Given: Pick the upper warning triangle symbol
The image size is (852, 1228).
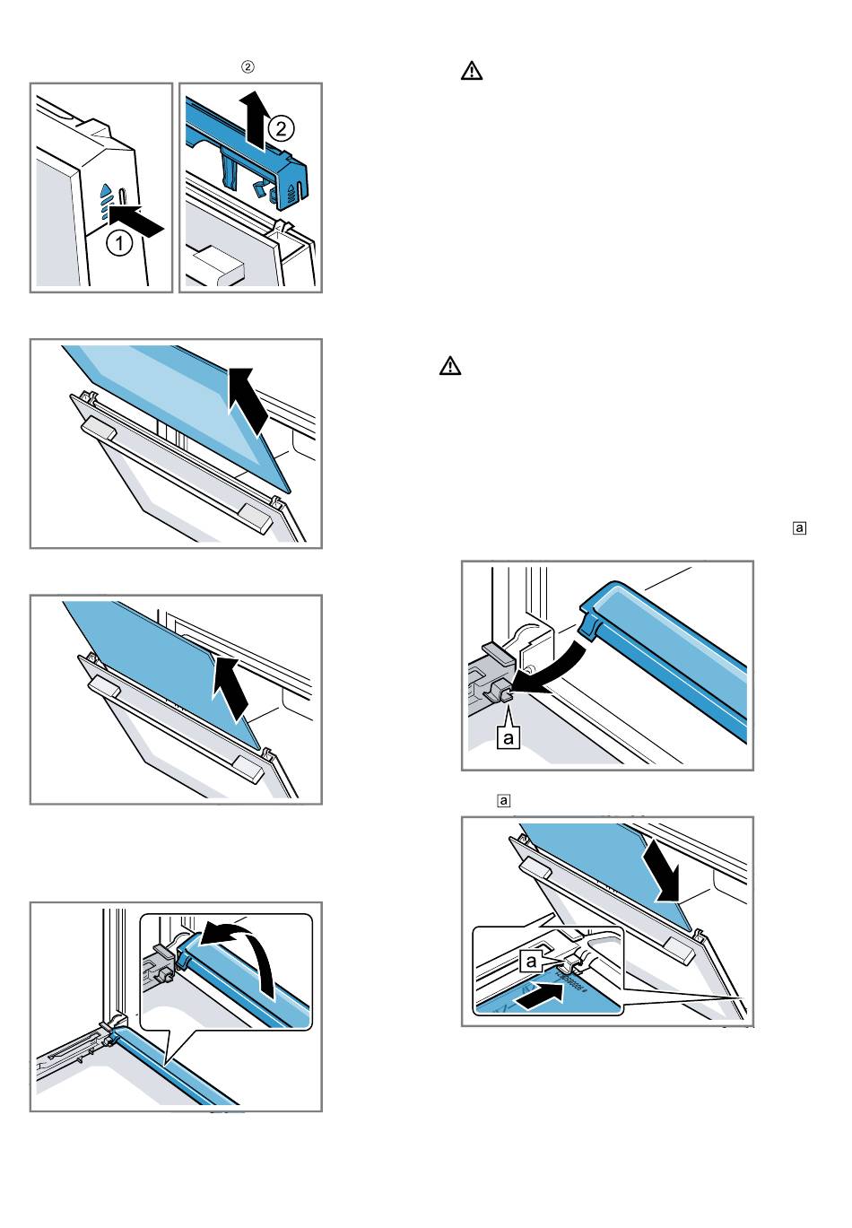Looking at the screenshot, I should (472, 71).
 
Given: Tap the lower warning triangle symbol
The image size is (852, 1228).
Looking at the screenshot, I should (449, 366).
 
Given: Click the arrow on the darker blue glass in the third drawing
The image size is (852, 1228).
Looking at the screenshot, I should (232, 685).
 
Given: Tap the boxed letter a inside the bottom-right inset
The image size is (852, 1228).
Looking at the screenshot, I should (530, 960).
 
